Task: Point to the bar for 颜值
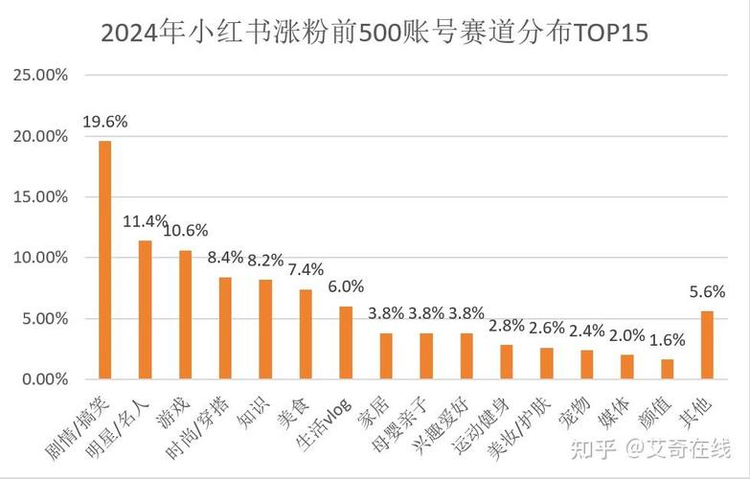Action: tap(667, 369)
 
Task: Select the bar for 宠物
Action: tap(587, 364)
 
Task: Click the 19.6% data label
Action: tap(105, 122)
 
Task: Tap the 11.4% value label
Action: tap(146, 221)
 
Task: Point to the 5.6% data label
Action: tap(707, 292)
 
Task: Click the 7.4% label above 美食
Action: tap(306, 270)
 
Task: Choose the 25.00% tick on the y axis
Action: tap(41, 76)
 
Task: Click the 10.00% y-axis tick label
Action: tap(41, 258)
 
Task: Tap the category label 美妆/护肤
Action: tap(517, 422)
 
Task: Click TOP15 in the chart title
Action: tap(609, 34)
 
